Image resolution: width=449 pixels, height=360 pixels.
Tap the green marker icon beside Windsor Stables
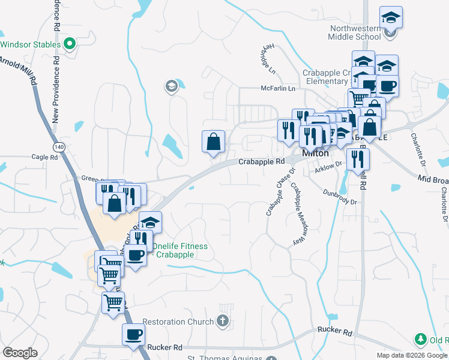(x=70, y=44)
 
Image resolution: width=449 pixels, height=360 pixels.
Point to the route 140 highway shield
(x=59, y=146)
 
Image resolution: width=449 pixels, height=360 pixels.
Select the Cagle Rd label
(x=45, y=157)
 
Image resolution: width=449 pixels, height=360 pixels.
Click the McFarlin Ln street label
(x=279, y=88)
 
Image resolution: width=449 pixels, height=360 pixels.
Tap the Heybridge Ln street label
(x=267, y=60)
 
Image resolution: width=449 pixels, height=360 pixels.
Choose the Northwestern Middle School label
(x=354, y=32)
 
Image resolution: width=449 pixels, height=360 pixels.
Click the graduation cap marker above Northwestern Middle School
(x=391, y=17)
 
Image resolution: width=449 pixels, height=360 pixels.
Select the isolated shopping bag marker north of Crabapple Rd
(x=213, y=142)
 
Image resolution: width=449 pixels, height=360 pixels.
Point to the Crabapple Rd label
(x=261, y=162)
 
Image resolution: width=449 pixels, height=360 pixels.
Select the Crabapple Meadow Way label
(x=296, y=214)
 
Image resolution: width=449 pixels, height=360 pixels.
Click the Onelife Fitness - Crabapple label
(x=179, y=250)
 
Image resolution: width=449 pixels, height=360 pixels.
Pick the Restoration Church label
(x=183, y=322)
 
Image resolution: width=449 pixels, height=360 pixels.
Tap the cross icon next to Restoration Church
(x=223, y=321)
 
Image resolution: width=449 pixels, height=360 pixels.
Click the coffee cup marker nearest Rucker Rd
(x=133, y=334)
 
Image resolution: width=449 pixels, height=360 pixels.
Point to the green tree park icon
(x=420, y=340)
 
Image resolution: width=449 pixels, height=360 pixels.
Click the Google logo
(x=20, y=353)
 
